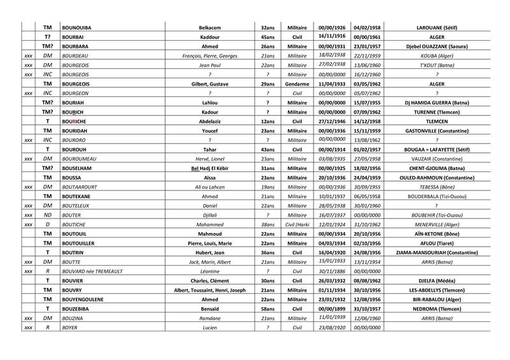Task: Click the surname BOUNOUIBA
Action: pos(76,28)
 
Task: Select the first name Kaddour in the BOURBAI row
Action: pos(210,38)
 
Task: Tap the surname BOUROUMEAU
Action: pos(80,157)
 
